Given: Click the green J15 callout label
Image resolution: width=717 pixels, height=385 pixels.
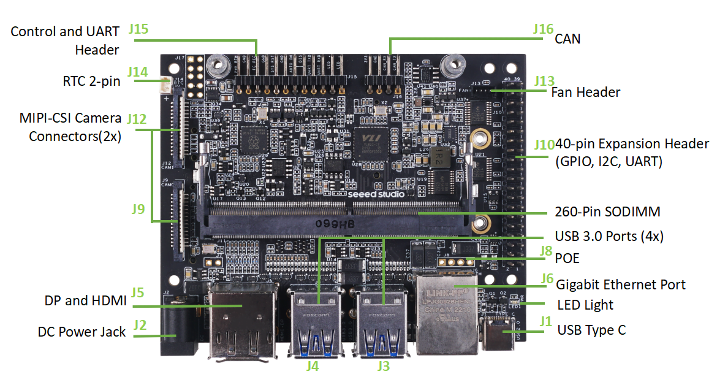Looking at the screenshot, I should (x=139, y=29).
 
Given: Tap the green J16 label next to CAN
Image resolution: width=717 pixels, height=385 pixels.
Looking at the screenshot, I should (x=543, y=29).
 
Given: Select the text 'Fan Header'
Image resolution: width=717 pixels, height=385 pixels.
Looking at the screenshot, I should (x=585, y=93).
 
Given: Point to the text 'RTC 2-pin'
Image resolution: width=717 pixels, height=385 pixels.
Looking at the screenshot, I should (x=91, y=81).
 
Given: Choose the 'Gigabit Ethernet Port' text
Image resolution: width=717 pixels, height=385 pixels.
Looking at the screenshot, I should (x=620, y=284).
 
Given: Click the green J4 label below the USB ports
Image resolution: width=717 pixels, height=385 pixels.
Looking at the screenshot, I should (x=313, y=367).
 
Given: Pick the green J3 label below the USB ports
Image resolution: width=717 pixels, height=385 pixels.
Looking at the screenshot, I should (x=383, y=367).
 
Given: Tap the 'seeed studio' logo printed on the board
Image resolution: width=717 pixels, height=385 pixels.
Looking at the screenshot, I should (x=376, y=193).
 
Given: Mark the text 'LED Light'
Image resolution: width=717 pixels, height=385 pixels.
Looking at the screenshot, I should (x=585, y=305).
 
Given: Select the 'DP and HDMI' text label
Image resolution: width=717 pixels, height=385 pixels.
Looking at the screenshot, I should (x=85, y=300).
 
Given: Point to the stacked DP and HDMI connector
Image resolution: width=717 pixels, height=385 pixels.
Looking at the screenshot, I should (x=243, y=322).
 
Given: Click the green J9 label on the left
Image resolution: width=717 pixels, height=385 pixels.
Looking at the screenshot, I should (x=138, y=209).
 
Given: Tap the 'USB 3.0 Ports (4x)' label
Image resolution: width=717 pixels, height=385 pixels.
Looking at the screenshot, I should (x=609, y=236).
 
